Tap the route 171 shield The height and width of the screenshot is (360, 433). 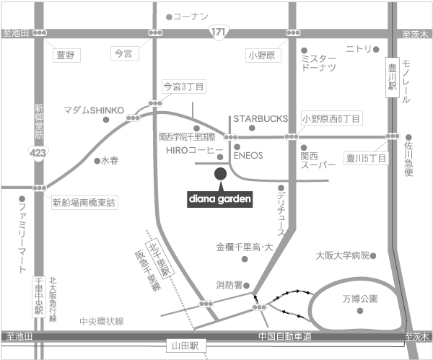click(x=219, y=31)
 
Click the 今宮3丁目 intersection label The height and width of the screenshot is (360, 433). click(x=184, y=87)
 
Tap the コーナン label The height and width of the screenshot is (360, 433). click(x=191, y=15)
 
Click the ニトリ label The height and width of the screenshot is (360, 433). click(x=358, y=49)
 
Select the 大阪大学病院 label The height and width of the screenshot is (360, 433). click(x=342, y=255)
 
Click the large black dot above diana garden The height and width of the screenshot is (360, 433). click(x=220, y=173)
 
